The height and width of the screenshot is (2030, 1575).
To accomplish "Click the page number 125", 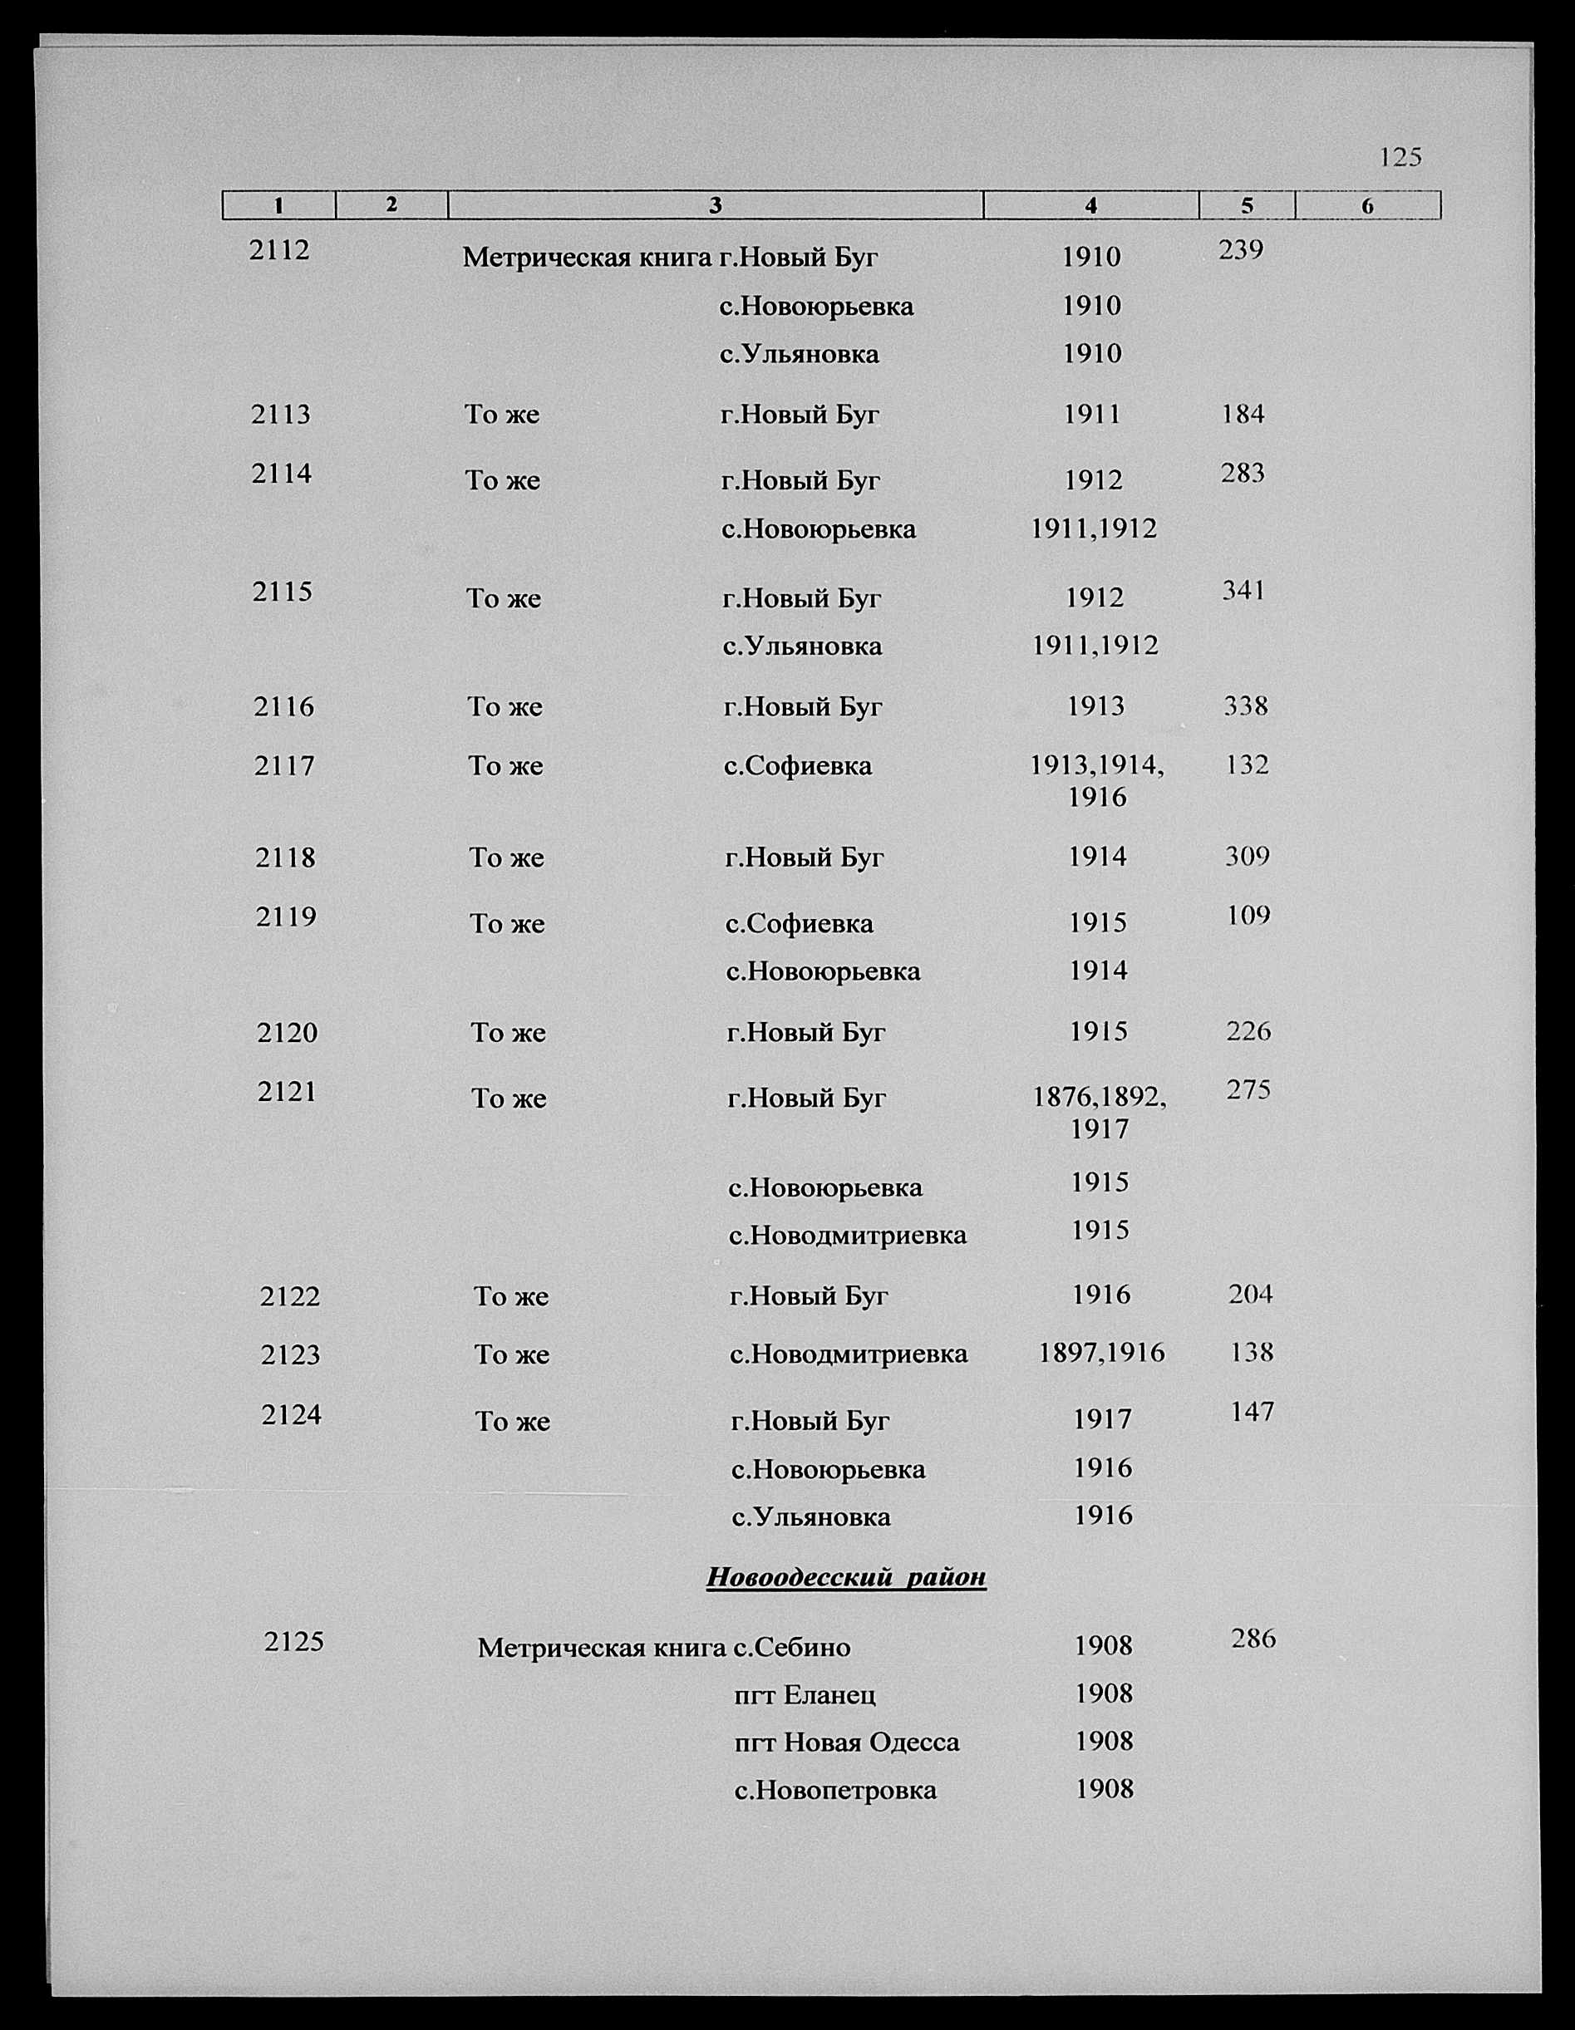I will tap(1400, 157).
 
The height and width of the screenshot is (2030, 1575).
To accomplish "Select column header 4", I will tap(1090, 205).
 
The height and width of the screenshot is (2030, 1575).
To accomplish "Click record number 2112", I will tap(279, 250).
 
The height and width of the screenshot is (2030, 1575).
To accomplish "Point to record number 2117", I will tap(284, 766).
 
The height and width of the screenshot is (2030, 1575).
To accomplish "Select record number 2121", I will tap(288, 1091).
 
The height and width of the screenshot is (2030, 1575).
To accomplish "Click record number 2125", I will tap(293, 1641).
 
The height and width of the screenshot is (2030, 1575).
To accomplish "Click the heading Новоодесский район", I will tap(845, 1577).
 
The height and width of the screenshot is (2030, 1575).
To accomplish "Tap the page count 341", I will tap(1244, 590).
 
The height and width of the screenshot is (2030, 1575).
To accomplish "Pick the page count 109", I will tap(1248, 916).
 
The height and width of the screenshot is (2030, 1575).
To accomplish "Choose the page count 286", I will tap(1253, 1639).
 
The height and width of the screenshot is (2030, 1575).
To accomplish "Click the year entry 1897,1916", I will tap(1102, 1353).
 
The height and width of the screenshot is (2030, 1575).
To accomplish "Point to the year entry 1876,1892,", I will tap(1100, 1098).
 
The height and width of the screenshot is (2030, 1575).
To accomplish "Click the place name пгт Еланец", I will tap(805, 1694).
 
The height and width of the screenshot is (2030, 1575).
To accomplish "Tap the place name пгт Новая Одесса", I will tap(846, 1742).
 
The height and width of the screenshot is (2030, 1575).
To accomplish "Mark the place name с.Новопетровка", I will tap(835, 1790).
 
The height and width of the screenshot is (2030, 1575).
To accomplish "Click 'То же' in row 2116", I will tap(504, 707).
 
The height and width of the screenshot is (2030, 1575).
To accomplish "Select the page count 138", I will tap(1251, 1351).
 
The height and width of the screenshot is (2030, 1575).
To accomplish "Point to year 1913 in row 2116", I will tap(1095, 706).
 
